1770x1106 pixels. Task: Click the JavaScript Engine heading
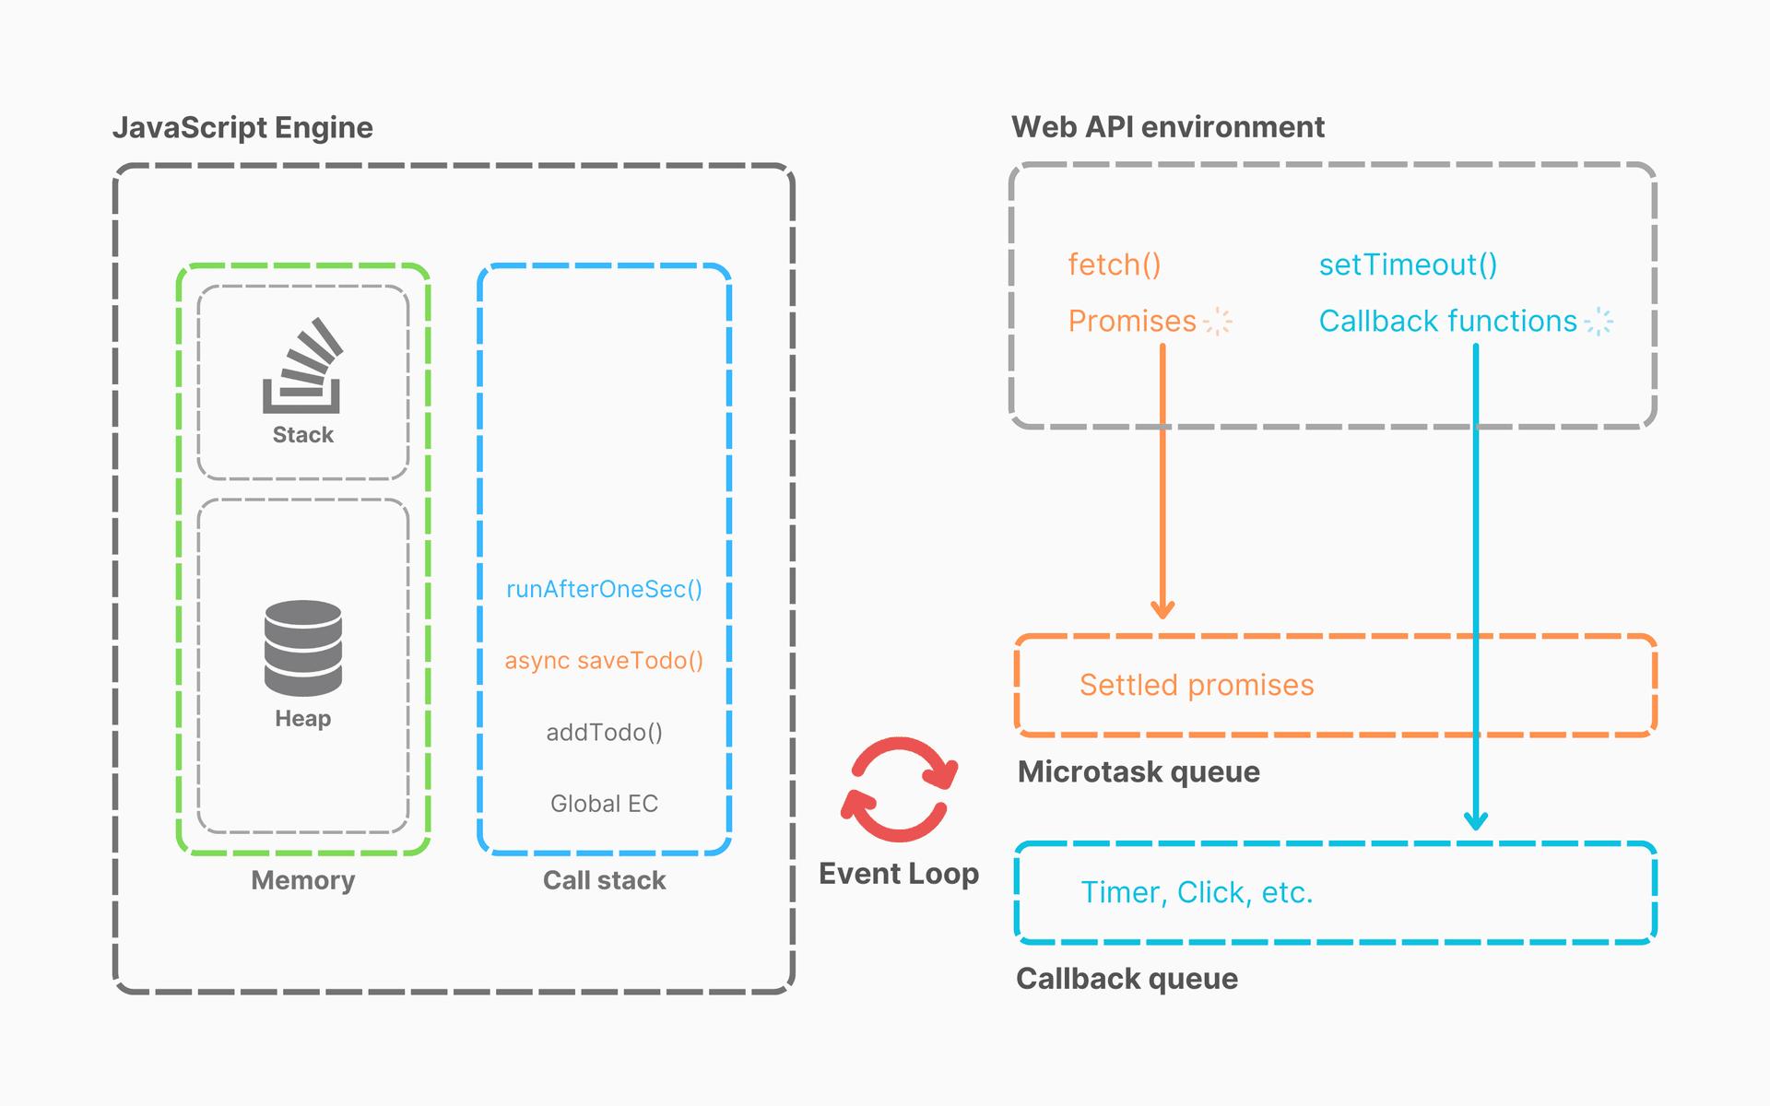pyautogui.click(x=242, y=127)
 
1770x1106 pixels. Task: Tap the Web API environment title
pyautogui.click(x=1167, y=126)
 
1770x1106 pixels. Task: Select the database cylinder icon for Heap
pyautogui.click(x=302, y=648)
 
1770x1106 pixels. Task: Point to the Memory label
pyautogui.click(x=302, y=880)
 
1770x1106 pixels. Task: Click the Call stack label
pyautogui.click(x=604, y=880)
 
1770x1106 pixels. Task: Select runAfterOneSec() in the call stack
pyautogui.click(x=604, y=589)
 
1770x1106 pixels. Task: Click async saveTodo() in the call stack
pyautogui.click(x=604, y=661)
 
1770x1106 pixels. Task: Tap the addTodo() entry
pyautogui.click(x=604, y=733)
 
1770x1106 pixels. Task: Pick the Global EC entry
pyautogui.click(x=604, y=804)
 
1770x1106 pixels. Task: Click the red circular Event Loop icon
pyautogui.click(x=899, y=789)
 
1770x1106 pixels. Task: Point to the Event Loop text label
pyautogui.click(x=899, y=873)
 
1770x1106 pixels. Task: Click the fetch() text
pyautogui.click(x=1114, y=265)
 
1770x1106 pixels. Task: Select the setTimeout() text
pyautogui.click(x=1408, y=265)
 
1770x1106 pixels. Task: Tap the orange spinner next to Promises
pyautogui.click(x=1218, y=321)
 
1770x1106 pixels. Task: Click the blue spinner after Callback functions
pyautogui.click(x=1599, y=321)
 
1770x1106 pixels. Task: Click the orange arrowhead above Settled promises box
pyautogui.click(x=1162, y=609)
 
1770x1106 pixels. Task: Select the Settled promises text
pyautogui.click(x=1197, y=685)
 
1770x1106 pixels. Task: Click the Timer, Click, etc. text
pyautogui.click(x=1197, y=892)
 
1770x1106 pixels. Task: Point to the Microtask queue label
pyautogui.click(x=1139, y=771)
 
